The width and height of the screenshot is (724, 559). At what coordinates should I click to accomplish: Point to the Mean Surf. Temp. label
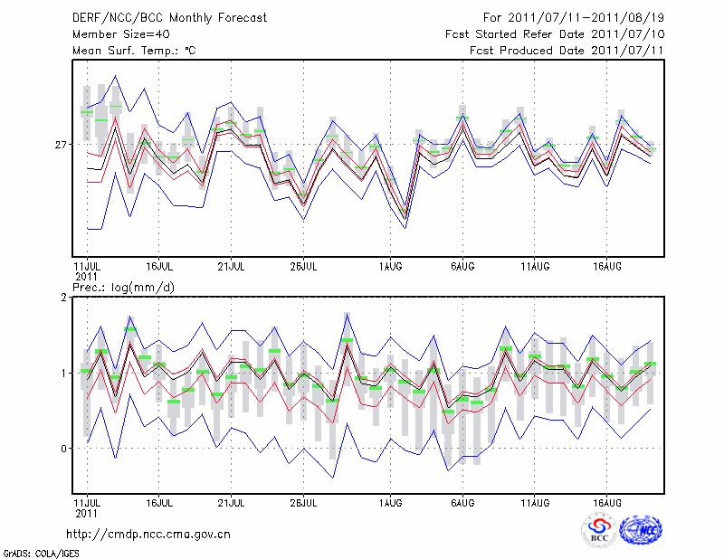pos(134,51)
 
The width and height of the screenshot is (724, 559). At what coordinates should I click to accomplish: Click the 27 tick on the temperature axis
pos(62,145)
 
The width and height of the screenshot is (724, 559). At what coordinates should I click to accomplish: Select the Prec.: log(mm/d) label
pos(124,288)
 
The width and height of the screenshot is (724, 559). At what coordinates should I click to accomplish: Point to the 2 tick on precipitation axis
pos(64,298)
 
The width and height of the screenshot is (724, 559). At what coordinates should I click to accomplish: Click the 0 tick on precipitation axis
pos(64,449)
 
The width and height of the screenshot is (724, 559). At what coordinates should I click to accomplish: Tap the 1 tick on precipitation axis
pos(64,373)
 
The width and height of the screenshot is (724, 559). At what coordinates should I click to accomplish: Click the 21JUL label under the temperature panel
pos(232,266)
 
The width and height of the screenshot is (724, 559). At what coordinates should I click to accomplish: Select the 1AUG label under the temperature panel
pos(391,266)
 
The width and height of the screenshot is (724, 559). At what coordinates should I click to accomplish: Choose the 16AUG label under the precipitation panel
pos(607,502)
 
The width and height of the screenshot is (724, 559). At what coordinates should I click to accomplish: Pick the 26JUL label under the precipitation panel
pos(304,502)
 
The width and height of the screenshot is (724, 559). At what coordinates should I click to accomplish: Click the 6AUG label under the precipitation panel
pos(463,502)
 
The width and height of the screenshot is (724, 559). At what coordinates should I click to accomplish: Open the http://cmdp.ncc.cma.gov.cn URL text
pos(148,535)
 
